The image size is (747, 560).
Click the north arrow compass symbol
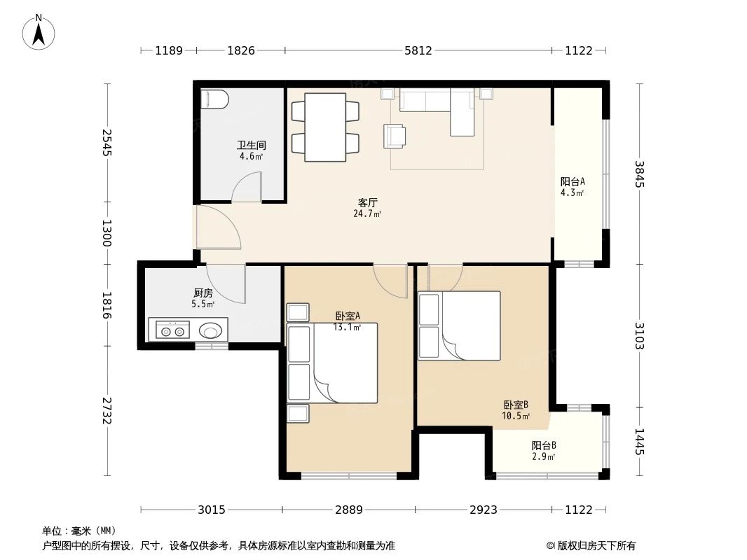pyautogui.click(x=39, y=32)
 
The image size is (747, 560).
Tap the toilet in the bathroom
pyautogui.click(x=215, y=99)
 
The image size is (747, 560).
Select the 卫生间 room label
pyautogui.click(x=251, y=145)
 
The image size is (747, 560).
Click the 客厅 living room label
pyautogui.click(x=367, y=203)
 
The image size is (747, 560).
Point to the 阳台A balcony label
pyautogui.click(x=572, y=181)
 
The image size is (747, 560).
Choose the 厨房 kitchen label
pyautogui.click(x=203, y=293)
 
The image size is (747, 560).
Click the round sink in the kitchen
pyautogui.click(x=210, y=330)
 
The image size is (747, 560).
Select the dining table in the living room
pyautogui.click(x=325, y=127)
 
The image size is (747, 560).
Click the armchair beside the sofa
pyautogui.click(x=395, y=136)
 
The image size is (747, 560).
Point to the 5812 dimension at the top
pyautogui.click(x=418, y=50)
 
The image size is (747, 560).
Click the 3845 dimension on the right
pyautogui.click(x=639, y=174)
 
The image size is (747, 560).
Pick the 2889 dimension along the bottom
pyautogui.click(x=349, y=510)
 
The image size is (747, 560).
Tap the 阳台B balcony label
pyautogui.click(x=544, y=446)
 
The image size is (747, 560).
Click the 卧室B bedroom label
pyautogui.click(x=516, y=405)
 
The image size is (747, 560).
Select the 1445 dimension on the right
pyautogui.click(x=639, y=442)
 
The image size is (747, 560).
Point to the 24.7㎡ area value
pyautogui.click(x=367, y=214)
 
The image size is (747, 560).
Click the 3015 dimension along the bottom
pyautogui.click(x=212, y=510)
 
